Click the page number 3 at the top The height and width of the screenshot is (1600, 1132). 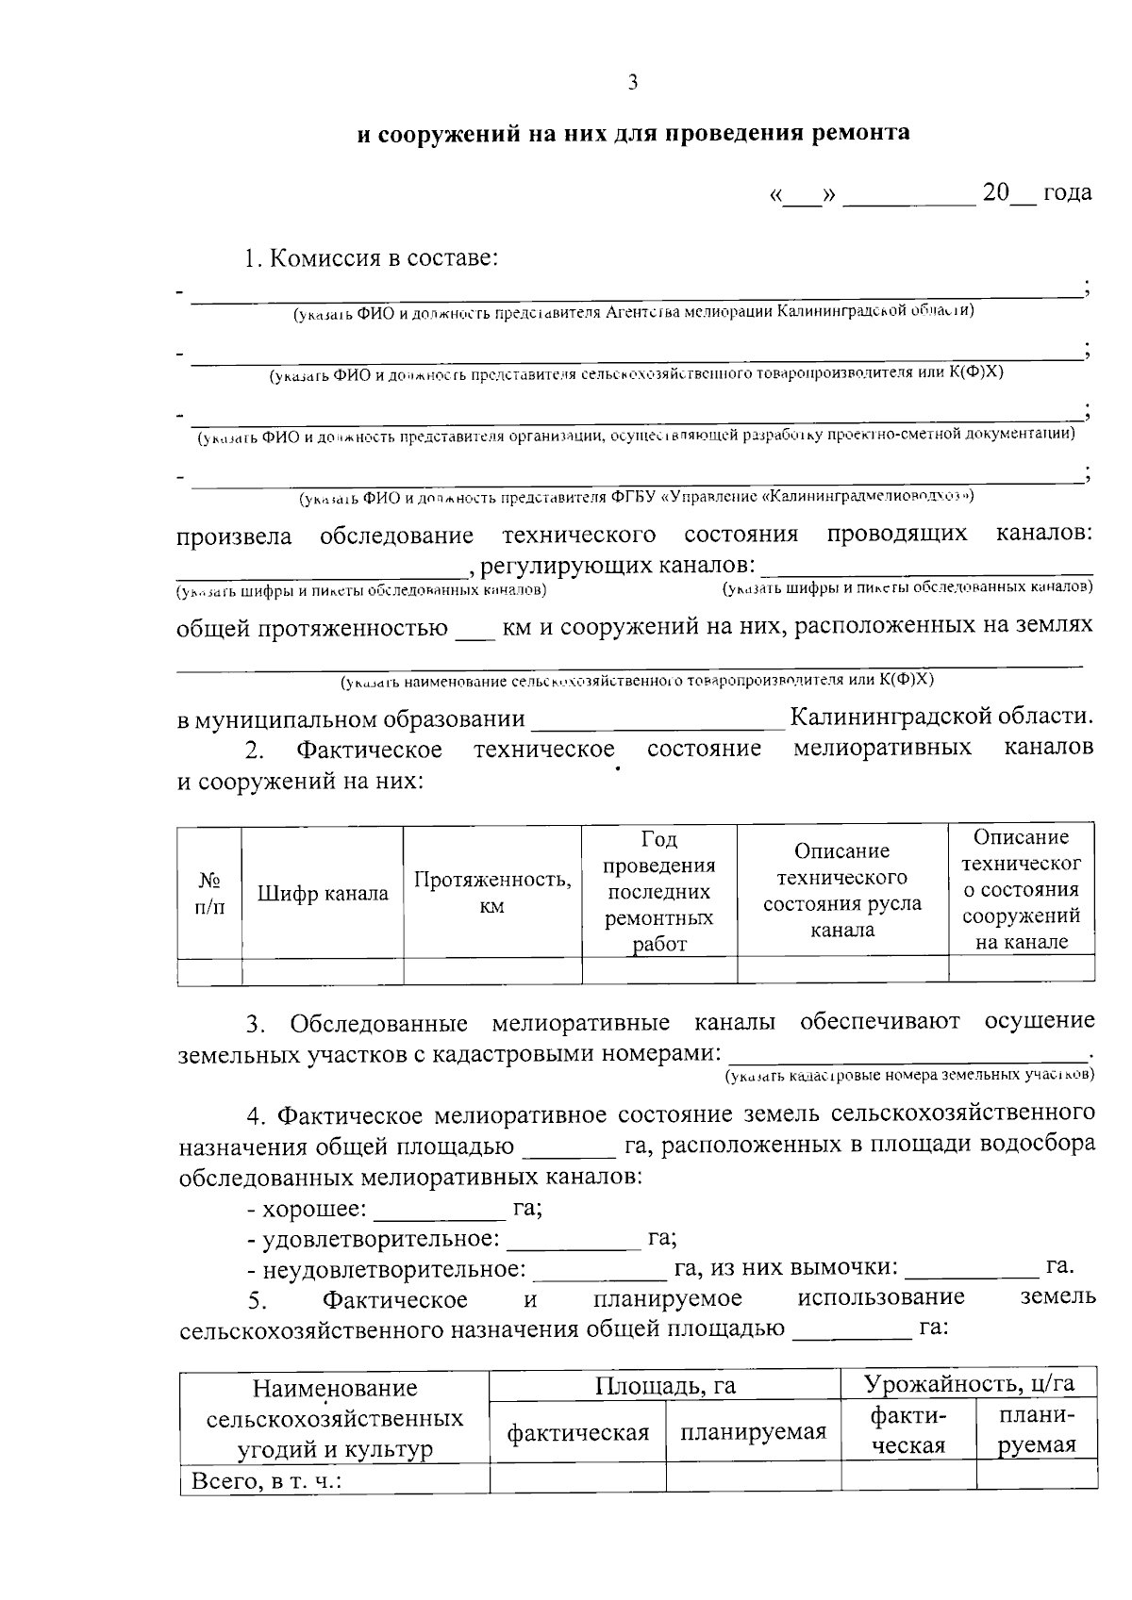click(632, 83)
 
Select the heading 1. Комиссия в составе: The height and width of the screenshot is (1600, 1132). click(371, 258)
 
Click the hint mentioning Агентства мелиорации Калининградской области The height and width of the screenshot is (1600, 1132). click(632, 311)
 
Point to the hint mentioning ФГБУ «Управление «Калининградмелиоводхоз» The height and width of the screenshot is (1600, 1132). click(636, 496)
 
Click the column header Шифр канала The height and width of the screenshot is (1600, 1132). click(323, 894)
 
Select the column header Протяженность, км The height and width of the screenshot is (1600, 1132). click(492, 892)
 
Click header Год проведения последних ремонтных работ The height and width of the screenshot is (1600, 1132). click(659, 892)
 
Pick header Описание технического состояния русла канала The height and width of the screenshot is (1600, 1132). click(842, 891)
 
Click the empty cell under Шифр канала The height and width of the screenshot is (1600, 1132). click(323, 971)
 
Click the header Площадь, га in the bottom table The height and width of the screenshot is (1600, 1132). click(665, 1385)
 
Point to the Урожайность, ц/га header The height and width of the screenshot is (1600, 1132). click(969, 1383)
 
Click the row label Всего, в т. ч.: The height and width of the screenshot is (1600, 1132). click(266, 1481)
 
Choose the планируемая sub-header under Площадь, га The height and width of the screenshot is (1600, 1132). click(753, 1433)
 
